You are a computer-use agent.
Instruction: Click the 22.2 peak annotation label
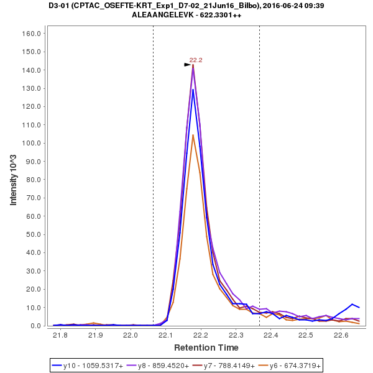click(x=196, y=60)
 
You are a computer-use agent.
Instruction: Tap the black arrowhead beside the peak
click(x=187, y=64)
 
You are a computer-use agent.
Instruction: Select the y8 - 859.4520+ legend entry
click(x=159, y=366)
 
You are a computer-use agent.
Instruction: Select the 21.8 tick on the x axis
click(x=60, y=336)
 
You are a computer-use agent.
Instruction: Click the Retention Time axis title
click(x=206, y=347)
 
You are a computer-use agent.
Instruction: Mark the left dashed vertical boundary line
click(x=153, y=186)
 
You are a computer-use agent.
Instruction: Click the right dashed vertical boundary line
click(x=259, y=186)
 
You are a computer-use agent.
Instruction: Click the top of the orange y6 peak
click(x=193, y=135)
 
